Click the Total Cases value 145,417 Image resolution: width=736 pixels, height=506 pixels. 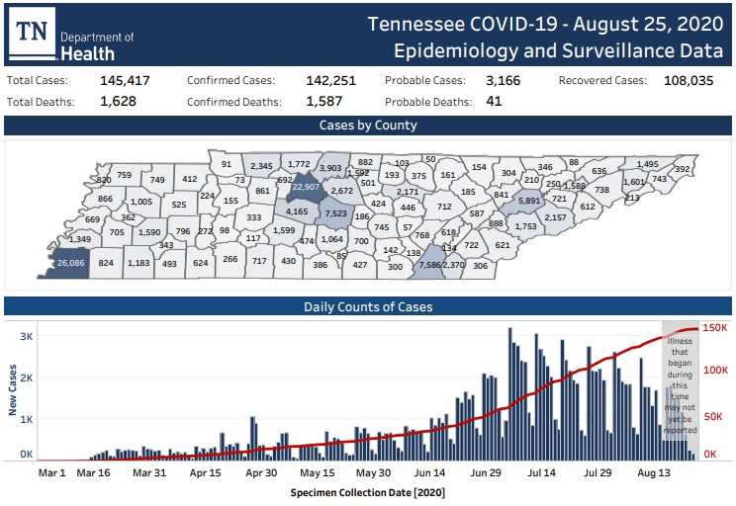125,81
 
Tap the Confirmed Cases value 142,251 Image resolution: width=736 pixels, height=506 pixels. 329,81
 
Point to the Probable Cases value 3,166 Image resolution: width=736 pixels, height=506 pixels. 503,81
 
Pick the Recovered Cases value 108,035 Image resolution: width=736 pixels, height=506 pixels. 684,81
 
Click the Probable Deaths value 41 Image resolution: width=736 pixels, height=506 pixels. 494,101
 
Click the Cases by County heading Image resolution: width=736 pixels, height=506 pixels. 368,126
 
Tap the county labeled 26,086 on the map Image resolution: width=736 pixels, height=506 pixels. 70,263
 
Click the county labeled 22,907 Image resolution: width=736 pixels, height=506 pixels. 306,187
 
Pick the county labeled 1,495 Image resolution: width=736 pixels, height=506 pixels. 647,164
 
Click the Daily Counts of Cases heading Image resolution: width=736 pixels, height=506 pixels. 368,306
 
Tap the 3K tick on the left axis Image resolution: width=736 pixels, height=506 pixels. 26,337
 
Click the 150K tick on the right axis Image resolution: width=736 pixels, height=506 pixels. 715,328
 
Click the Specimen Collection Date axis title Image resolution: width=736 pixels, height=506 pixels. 368,491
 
